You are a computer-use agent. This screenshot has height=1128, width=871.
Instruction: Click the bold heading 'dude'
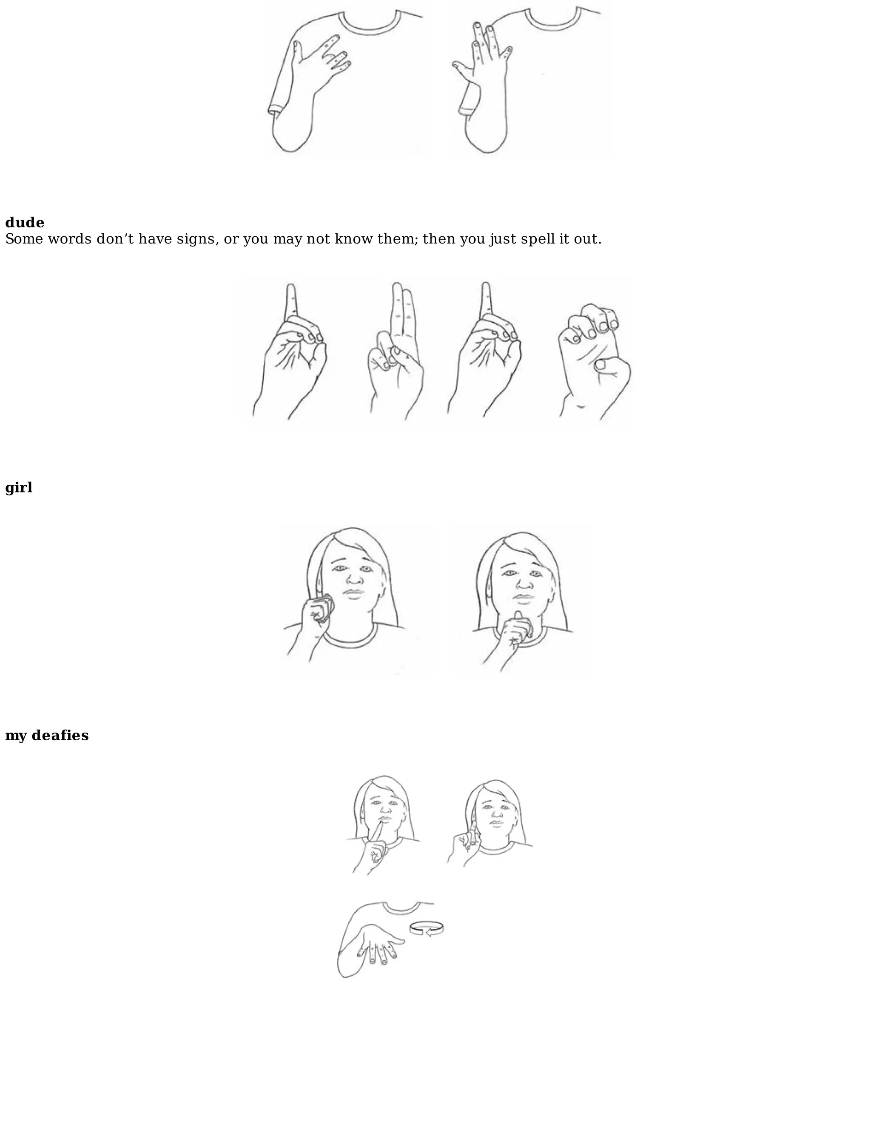(25, 223)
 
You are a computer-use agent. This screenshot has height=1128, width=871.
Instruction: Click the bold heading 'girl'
(19, 487)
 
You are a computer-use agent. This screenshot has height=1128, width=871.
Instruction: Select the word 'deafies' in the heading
(60, 736)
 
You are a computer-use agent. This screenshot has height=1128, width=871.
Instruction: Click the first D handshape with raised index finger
(290, 351)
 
